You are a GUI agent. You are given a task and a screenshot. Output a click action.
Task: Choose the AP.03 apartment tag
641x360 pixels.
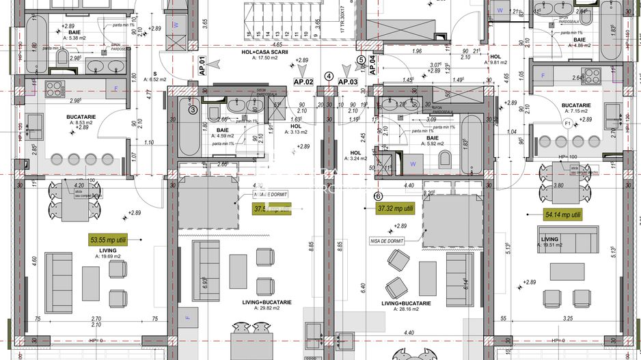coord(348,81)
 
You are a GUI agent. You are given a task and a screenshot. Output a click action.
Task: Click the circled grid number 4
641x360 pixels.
coord(329,77)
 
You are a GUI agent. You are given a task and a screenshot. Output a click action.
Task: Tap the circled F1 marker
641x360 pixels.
coord(567,123)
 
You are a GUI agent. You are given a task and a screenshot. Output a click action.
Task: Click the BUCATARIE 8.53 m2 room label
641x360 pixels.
coord(80,120)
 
